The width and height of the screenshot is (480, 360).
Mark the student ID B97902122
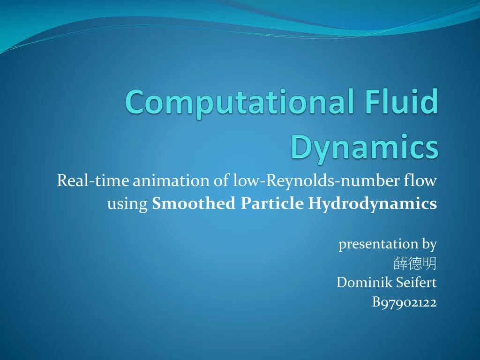(x=404, y=302)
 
